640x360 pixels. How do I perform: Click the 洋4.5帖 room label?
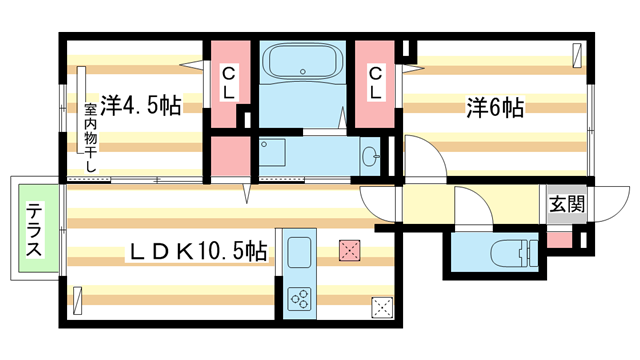pyautogui.click(x=139, y=105)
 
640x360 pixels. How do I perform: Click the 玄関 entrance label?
pyautogui.click(x=566, y=204)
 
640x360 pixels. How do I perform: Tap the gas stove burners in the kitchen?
pyautogui.click(x=299, y=298)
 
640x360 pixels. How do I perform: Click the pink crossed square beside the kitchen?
pyautogui.click(x=347, y=249)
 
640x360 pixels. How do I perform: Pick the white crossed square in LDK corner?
pyautogui.click(x=381, y=308)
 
